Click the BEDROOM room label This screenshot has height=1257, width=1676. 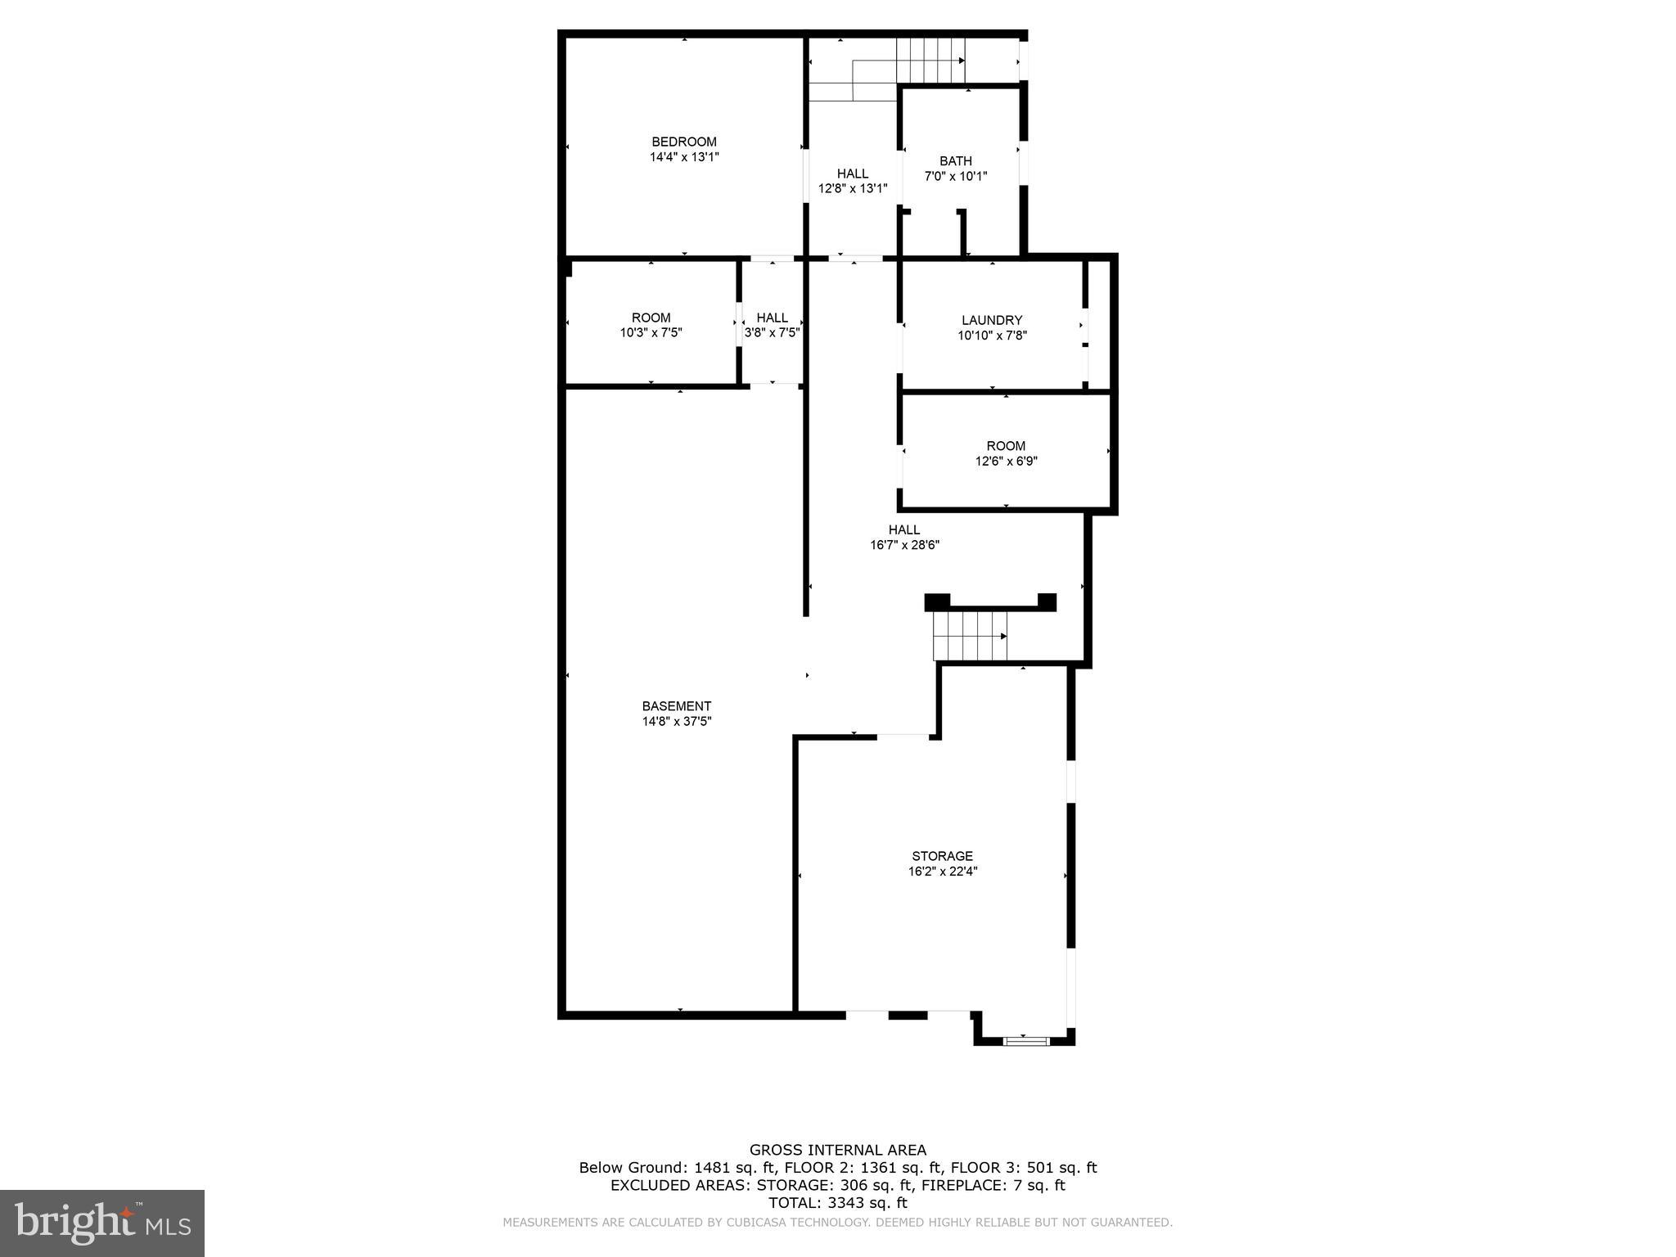click(683, 142)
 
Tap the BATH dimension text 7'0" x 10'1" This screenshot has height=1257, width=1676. click(955, 176)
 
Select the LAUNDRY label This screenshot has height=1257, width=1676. click(992, 320)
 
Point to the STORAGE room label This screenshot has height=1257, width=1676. click(942, 856)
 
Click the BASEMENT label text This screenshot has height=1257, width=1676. click(676, 706)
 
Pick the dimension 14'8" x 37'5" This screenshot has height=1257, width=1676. click(676, 722)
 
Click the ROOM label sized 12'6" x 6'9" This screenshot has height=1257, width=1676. click(1006, 446)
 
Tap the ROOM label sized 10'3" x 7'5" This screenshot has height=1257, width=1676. click(651, 318)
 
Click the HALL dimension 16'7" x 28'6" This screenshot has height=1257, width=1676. click(904, 545)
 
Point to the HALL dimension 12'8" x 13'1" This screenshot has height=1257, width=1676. click(853, 188)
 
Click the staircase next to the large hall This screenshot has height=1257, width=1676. click(970, 636)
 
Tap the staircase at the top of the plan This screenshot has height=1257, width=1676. click(929, 61)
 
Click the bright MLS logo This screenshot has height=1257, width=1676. click(102, 1223)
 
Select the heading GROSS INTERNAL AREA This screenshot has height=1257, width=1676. click(838, 1150)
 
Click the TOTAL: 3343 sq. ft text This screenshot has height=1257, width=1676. click(838, 1203)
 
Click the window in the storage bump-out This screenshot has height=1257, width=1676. click(1026, 1041)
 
